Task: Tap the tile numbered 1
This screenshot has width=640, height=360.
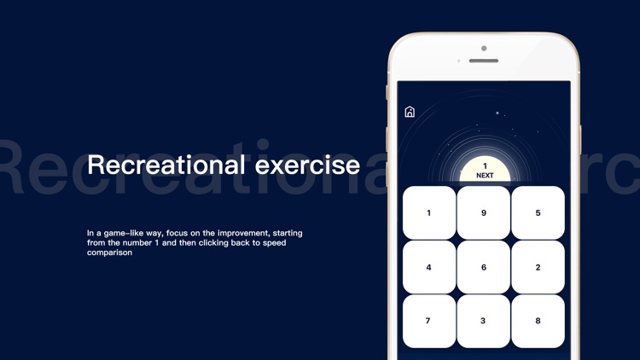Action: point(428,212)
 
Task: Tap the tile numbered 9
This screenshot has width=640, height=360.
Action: point(483,212)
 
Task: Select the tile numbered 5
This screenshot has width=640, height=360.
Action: point(538,212)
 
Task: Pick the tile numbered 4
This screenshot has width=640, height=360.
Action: point(428,267)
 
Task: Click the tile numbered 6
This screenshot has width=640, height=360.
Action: point(483,267)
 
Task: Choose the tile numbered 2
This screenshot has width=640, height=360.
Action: point(538,267)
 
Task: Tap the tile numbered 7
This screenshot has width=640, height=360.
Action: point(428,321)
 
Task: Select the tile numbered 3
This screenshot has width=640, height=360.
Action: point(483,321)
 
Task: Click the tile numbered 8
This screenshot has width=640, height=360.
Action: point(538,321)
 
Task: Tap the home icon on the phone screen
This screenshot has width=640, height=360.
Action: point(410,112)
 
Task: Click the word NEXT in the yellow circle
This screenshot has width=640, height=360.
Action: point(485,176)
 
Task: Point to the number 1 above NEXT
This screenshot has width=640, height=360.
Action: point(485,166)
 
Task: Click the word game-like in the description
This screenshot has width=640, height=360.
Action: point(128,233)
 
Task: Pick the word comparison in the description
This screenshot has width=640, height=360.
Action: point(109,253)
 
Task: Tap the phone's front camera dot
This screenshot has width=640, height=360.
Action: point(484,48)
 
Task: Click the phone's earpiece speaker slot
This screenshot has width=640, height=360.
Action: point(484,61)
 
